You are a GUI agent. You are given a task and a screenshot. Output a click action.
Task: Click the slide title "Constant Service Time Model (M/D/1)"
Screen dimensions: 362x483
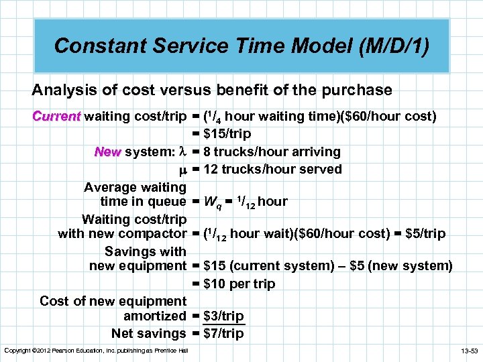[241, 46]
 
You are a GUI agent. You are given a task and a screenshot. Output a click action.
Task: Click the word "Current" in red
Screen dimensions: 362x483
[56, 117]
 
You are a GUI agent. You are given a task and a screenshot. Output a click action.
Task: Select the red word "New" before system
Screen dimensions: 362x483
[107, 152]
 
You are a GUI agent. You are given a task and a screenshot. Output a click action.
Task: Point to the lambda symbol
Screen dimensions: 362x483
[180, 152]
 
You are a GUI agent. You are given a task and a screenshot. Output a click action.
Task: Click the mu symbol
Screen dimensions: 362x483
[180, 170]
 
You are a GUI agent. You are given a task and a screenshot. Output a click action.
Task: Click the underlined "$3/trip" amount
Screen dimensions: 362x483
[223, 316]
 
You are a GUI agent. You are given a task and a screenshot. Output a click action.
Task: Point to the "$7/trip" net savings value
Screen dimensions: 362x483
[223, 333]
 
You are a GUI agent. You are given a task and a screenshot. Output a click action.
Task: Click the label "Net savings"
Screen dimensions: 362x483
[148, 333]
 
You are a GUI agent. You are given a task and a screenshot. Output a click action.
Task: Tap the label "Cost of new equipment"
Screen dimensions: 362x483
[113, 301]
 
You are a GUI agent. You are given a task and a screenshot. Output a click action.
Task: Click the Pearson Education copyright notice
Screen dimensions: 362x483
[96, 351]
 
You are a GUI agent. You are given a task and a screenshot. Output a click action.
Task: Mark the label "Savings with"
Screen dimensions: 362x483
[146, 251]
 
